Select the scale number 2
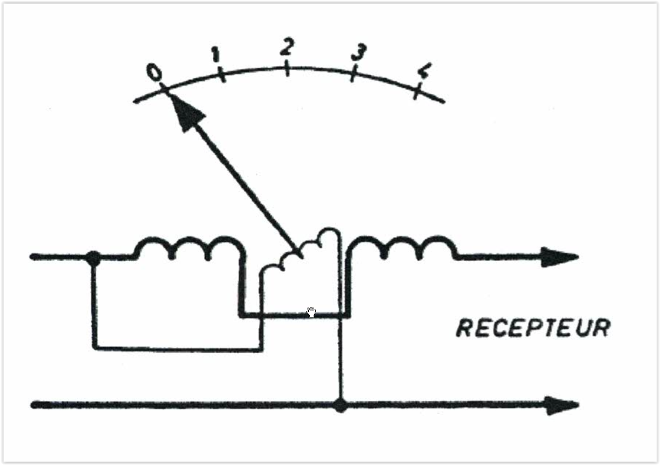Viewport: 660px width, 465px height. (x=286, y=47)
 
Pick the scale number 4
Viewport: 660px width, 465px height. (x=423, y=72)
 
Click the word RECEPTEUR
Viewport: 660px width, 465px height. (x=533, y=328)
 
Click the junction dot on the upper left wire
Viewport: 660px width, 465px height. (x=93, y=257)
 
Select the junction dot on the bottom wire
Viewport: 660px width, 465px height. (x=339, y=405)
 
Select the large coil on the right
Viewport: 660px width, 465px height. (x=402, y=247)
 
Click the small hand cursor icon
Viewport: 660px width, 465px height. (x=311, y=312)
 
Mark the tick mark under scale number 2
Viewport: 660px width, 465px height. (x=287, y=70)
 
